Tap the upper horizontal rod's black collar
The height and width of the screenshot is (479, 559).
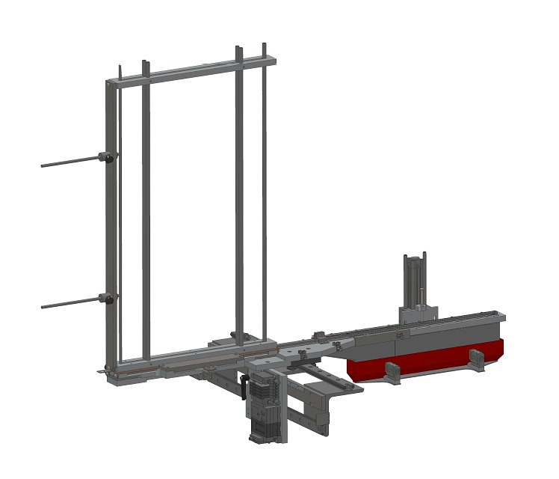point(105,157)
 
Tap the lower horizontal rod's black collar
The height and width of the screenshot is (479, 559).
point(105,299)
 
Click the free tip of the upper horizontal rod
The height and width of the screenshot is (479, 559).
point(43,165)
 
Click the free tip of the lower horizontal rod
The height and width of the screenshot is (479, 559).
point(43,306)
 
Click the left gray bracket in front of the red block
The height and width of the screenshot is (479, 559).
point(392,372)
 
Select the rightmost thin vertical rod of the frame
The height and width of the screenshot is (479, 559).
point(264,195)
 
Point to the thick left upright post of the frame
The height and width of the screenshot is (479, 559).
point(109,225)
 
